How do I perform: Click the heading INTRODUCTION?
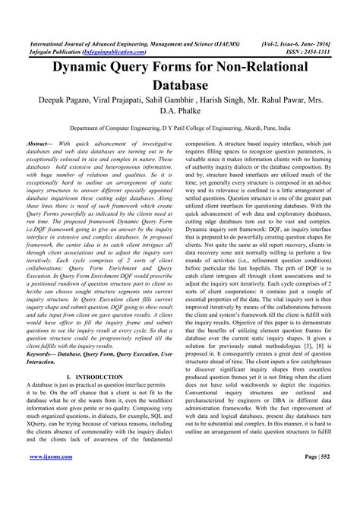point(103,377)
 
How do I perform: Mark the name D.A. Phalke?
point(180,115)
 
